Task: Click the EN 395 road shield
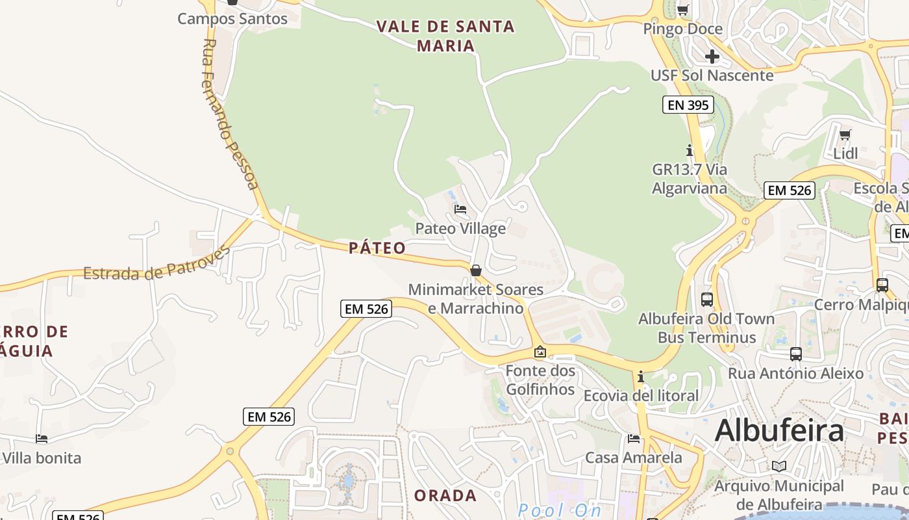click(x=688, y=105)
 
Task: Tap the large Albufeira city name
click(x=779, y=431)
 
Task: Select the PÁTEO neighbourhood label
click(x=377, y=248)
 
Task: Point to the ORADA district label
click(x=445, y=495)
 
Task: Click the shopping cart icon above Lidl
click(x=845, y=135)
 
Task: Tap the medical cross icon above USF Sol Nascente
click(x=712, y=57)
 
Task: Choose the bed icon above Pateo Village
click(x=460, y=209)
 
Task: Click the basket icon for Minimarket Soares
click(x=476, y=270)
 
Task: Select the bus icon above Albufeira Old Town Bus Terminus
click(x=707, y=300)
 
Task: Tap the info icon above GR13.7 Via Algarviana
click(x=690, y=150)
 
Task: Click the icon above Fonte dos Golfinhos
click(x=540, y=352)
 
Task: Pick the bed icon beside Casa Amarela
click(x=634, y=438)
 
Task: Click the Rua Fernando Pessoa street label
click(x=230, y=114)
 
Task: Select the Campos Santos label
click(x=232, y=19)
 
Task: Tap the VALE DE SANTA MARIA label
click(x=445, y=36)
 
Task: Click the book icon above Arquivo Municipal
click(x=779, y=466)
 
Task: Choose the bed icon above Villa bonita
click(x=42, y=439)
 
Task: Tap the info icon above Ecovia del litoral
click(x=641, y=376)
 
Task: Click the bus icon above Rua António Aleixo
click(x=796, y=354)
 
